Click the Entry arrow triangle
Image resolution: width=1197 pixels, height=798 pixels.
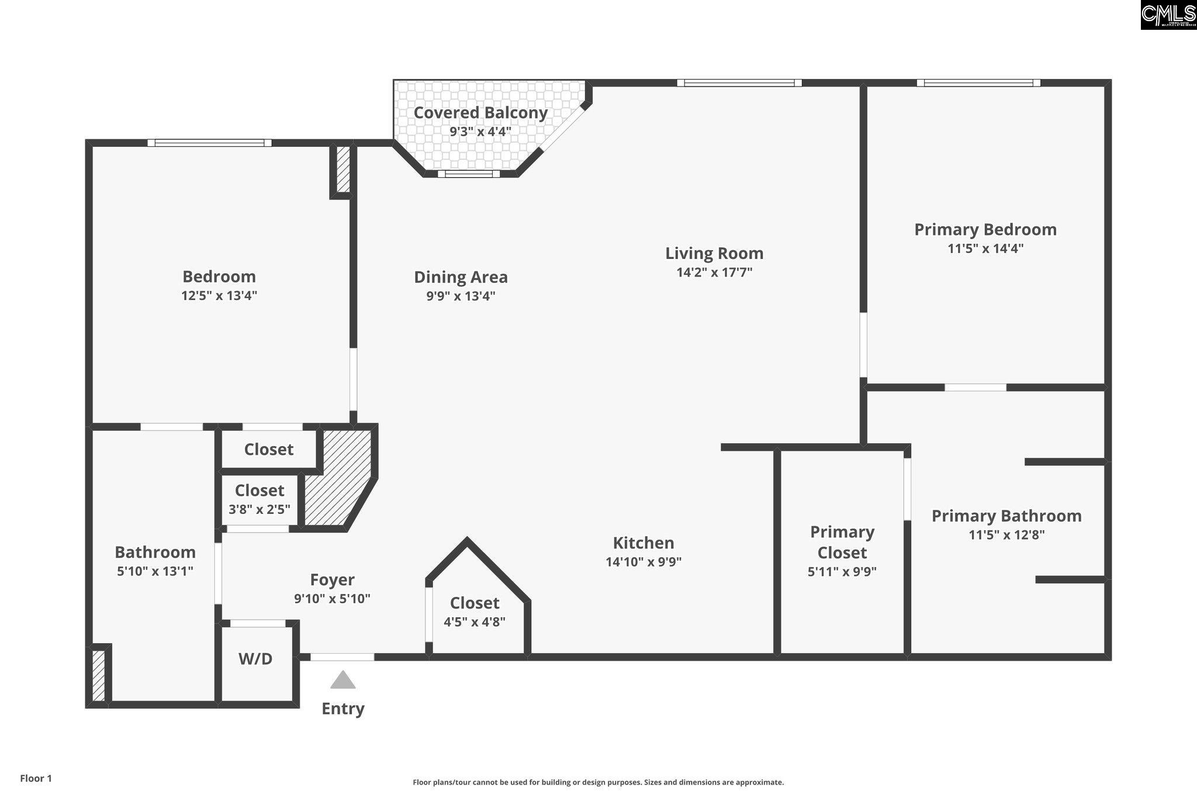(343, 680)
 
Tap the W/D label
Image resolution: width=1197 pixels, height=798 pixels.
(255, 659)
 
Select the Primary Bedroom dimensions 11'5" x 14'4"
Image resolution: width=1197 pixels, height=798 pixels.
(985, 248)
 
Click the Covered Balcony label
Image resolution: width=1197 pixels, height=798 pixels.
(480, 113)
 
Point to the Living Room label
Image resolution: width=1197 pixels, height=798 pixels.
(714, 253)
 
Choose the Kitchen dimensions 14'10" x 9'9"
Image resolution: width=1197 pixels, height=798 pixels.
(644, 562)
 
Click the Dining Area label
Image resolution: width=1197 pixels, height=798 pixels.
(461, 277)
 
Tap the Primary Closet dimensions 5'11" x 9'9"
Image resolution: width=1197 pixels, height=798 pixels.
(842, 572)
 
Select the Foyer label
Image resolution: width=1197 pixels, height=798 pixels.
(332, 580)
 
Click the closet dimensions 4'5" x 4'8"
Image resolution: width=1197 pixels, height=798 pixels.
(475, 622)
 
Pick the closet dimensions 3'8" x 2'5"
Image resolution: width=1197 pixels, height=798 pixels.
(260, 509)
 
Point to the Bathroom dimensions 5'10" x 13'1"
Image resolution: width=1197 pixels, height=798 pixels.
(155, 571)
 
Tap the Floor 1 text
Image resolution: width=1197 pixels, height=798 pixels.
(36, 778)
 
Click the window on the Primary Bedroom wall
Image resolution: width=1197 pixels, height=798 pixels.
(978, 83)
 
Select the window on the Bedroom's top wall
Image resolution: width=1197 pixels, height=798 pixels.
(209, 143)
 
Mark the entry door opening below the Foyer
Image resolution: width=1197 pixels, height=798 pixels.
(342, 657)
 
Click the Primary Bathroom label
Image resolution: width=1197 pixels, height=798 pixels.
(1006, 516)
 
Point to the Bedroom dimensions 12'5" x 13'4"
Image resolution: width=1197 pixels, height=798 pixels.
(219, 296)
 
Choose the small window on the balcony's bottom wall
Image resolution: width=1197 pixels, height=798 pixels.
(469, 174)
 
